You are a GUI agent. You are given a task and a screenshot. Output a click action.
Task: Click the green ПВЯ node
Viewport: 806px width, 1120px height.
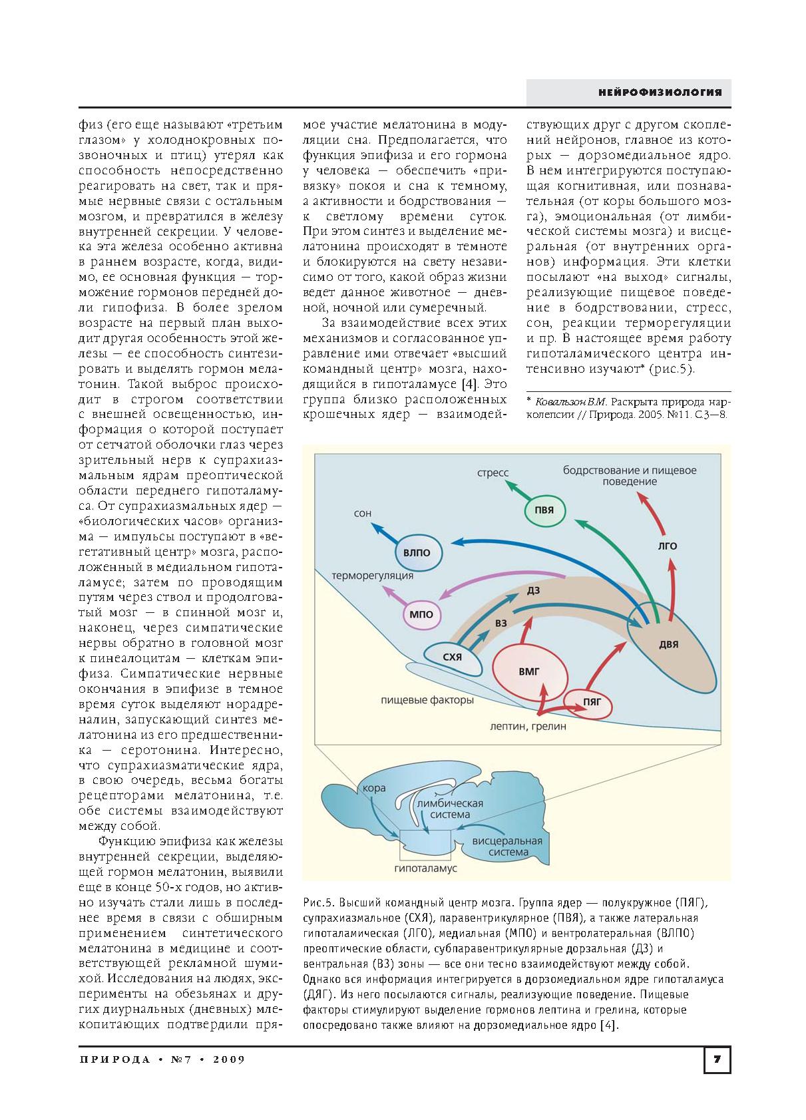(549, 511)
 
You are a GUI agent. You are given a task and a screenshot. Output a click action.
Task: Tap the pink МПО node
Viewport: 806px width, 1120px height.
(421, 614)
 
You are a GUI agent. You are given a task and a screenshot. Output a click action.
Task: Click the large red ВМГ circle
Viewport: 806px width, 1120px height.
(530, 671)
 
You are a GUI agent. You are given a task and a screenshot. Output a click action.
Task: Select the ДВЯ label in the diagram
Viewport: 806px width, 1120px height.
(668, 645)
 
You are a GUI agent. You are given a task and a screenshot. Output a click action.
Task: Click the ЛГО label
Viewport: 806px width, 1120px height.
(668, 546)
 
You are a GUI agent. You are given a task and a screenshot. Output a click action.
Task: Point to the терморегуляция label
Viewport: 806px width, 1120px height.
(373, 575)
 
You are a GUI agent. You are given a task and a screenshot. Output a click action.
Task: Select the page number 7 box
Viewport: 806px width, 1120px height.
(717, 1059)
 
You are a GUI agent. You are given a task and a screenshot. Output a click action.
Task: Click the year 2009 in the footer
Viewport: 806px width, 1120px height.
(229, 1059)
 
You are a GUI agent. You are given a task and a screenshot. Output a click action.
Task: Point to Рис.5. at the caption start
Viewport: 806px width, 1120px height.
(317, 902)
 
